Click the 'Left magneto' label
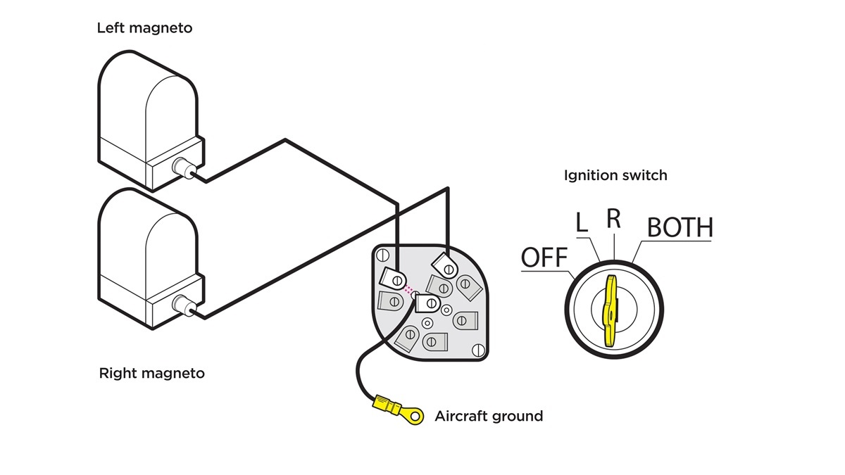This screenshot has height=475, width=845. tap(144, 29)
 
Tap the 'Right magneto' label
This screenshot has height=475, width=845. tap(152, 373)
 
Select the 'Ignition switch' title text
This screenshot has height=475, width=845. tap(615, 175)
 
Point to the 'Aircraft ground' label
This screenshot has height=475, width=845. tap(489, 416)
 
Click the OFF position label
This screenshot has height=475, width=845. tap(544, 258)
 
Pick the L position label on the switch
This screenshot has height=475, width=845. tap(582, 223)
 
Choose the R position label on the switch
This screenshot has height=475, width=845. tap(614, 219)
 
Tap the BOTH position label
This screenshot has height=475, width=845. tap(680, 228)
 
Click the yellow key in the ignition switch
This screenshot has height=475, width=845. tap(610, 310)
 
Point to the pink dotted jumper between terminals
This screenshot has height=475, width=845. tap(409, 289)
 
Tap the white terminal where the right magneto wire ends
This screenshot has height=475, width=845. tap(445, 265)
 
